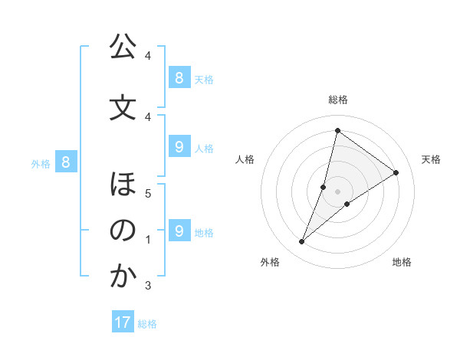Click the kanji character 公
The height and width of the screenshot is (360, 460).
click(x=123, y=47)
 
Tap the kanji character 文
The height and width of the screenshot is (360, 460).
click(x=123, y=108)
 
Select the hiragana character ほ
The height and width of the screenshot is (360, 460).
click(x=123, y=185)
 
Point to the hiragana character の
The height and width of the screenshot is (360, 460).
click(x=123, y=231)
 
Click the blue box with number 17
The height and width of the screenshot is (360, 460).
click(x=123, y=322)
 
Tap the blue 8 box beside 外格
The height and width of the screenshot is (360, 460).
click(x=66, y=162)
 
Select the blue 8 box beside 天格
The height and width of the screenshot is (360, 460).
click(x=179, y=77)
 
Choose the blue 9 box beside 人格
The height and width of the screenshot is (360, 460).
click(x=179, y=147)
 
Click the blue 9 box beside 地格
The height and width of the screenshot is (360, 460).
click(x=179, y=231)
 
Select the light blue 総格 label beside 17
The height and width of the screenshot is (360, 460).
click(x=147, y=324)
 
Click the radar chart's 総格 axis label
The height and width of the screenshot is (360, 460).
click(x=337, y=100)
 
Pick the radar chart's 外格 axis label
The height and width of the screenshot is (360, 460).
click(x=270, y=262)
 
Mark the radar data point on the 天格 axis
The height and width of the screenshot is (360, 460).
click(x=396, y=172)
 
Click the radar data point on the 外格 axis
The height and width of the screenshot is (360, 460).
click(x=301, y=242)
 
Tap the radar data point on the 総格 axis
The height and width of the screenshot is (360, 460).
click(x=337, y=130)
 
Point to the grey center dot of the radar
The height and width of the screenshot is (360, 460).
click(x=337, y=191)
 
